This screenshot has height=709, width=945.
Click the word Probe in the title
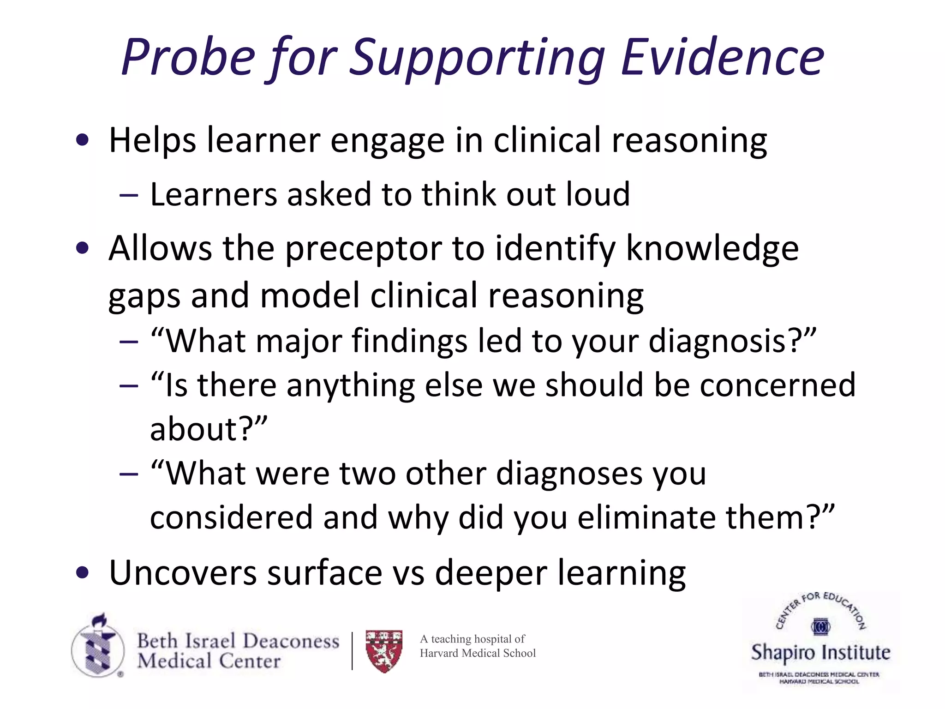(x=188, y=58)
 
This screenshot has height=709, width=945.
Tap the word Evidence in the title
(x=722, y=58)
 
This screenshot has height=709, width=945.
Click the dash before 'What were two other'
(x=128, y=474)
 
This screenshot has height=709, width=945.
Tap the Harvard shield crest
(x=384, y=651)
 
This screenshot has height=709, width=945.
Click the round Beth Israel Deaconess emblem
(x=98, y=646)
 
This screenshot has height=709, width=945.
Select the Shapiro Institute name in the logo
(x=820, y=652)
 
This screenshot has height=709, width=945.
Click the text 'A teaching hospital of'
(x=472, y=639)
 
